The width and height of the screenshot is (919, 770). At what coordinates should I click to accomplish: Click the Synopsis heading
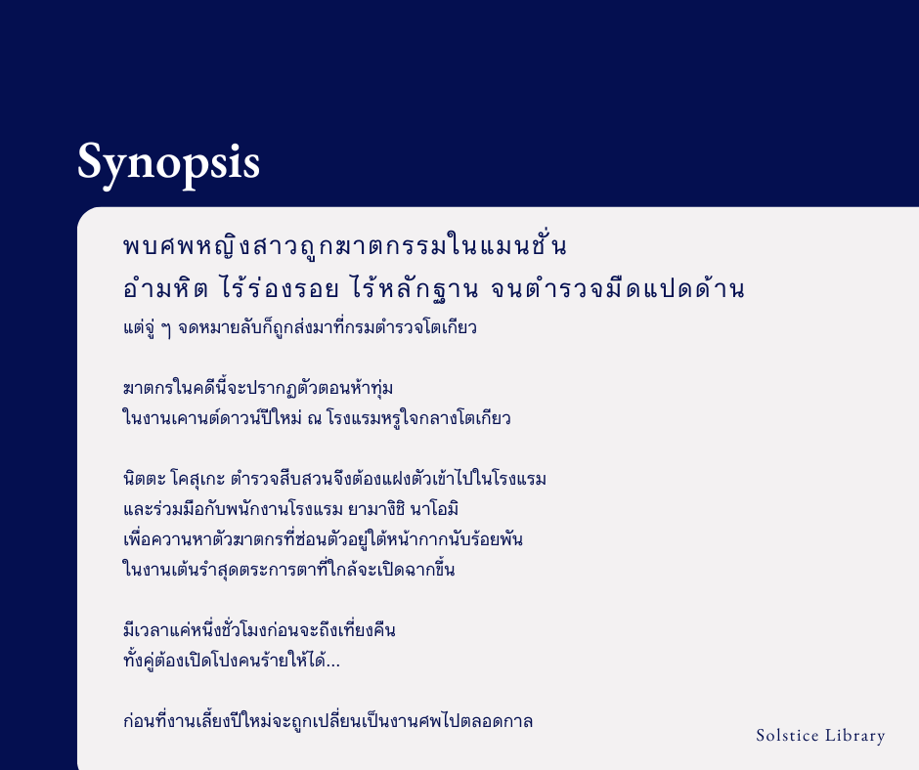(x=168, y=161)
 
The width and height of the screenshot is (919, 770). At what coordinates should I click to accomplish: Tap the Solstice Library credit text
(x=820, y=736)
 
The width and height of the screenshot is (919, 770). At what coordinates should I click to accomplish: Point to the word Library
(x=856, y=736)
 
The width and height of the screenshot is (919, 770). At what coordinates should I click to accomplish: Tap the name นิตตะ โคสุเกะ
(x=175, y=479)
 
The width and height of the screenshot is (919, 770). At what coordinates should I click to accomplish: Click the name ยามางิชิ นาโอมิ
(x=400, y=509)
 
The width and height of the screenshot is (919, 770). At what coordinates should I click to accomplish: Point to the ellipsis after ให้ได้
(x=333, y=662)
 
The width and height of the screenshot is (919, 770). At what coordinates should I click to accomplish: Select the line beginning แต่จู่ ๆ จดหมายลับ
(x=299, y=327)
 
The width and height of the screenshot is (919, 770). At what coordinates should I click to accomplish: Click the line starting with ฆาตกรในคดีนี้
(x=258, y=388)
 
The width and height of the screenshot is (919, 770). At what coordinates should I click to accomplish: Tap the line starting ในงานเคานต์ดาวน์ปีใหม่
(x=317, y=418)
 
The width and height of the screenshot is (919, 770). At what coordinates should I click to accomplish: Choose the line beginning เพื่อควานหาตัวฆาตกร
(x=323, y=539)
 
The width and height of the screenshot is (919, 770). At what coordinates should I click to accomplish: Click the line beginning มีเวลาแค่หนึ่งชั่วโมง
(x=259, y=630)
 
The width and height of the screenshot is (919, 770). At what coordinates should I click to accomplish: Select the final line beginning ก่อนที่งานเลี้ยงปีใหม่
(x=328, y=722)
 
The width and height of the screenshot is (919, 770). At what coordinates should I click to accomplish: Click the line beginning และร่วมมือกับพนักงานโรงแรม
(x=291, y=509)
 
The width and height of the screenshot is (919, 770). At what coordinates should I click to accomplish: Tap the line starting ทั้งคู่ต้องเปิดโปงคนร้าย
(x=231, y=662)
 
